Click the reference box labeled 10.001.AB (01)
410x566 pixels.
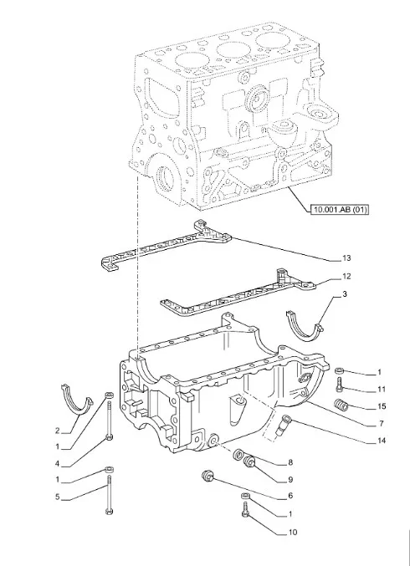[340, 209]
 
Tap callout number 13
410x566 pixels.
[346, 258]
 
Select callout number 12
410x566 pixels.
[346, 277]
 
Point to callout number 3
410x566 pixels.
[344, 294]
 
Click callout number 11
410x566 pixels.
[382, 389]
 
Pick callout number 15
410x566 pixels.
[382, 406]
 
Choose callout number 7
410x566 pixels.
[381, 424]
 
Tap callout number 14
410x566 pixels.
[382, 441]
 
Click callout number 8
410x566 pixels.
[290, 463]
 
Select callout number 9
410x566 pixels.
[290, 480]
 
